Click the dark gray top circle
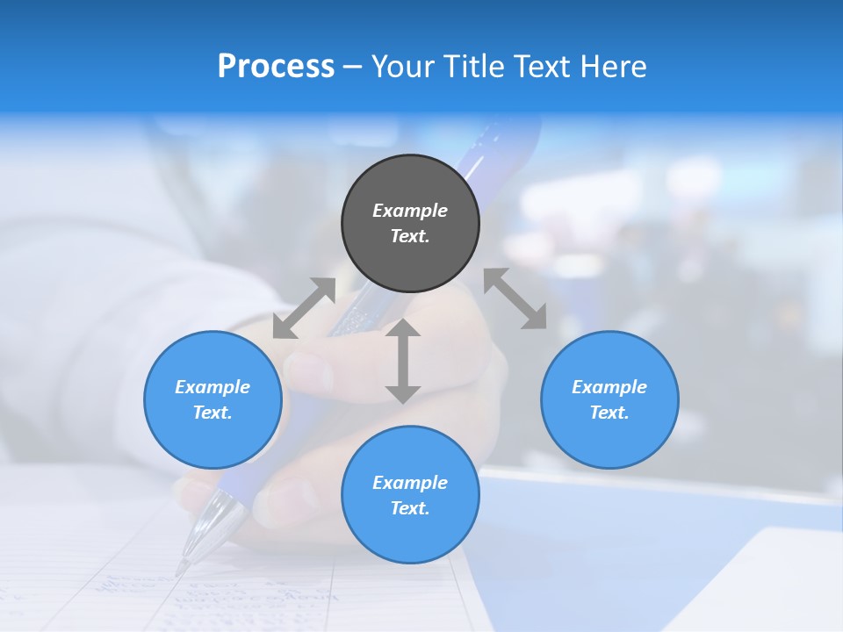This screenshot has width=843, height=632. click(x=410, y=223)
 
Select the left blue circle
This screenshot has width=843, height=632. click(x=213, y=399)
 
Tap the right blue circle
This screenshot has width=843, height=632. click(x=609, y=399)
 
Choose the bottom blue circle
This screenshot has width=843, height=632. click(x=410, y=495)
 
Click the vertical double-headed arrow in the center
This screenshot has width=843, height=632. click(x=403, y=361)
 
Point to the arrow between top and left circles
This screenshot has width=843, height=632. click(x=304, y=308)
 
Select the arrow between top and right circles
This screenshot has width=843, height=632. click(x=515, y=298)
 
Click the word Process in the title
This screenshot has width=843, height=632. click(x=276, y=67)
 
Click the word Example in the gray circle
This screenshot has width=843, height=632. click(x=410, y=211)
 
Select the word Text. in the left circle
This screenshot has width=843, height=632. click(x=213, y=413)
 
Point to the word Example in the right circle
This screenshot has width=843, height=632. click(x=609, y=387)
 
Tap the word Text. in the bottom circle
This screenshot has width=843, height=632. click(x=410, y=508)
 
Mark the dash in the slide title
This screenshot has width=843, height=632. click(x=353, y=67)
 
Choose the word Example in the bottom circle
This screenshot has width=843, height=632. click(x=410, y=483)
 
